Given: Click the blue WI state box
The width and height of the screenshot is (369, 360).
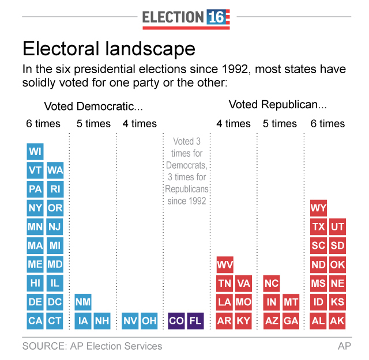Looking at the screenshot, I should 35,151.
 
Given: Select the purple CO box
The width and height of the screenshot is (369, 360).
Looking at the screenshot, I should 176,321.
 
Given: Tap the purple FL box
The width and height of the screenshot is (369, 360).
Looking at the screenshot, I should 195,321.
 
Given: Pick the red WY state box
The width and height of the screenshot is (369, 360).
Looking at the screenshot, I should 318,207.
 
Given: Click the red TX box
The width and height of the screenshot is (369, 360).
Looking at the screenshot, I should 318,226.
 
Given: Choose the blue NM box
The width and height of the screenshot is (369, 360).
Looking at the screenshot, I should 83,302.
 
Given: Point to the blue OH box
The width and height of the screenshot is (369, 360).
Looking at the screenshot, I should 149,321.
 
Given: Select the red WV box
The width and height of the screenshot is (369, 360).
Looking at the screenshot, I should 225,264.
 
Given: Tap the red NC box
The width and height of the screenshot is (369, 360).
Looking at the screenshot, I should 272,283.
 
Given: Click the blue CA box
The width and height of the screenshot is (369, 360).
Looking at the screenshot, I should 35,321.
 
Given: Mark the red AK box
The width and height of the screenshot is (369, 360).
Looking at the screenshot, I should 337,321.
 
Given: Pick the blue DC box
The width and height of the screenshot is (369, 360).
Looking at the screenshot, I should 55,302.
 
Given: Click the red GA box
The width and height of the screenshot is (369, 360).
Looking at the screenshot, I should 291,321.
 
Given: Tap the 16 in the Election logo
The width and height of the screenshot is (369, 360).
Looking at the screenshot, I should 219,17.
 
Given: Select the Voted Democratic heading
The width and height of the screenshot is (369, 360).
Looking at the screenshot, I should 93,107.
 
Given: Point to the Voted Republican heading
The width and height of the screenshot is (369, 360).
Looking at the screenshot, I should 278,105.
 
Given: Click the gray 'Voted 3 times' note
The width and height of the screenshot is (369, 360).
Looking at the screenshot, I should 187,171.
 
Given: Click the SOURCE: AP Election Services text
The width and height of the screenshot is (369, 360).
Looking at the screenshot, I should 92,346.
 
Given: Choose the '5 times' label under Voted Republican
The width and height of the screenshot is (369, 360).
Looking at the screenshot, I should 280,124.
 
